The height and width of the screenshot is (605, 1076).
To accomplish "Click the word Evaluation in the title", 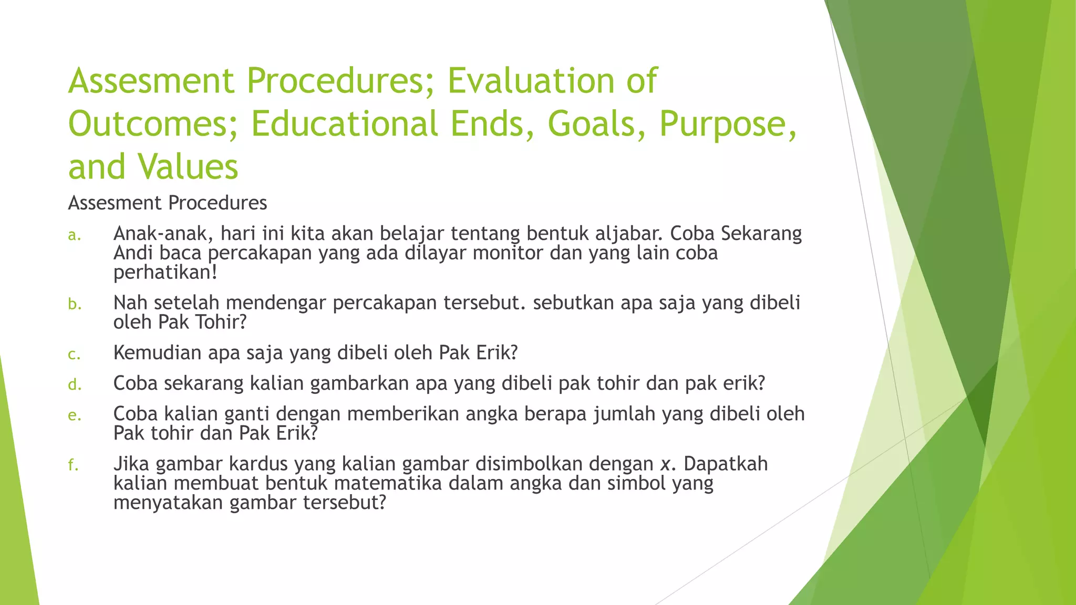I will pos(531,81).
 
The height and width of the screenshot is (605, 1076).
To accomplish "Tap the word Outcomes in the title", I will pos(153,124).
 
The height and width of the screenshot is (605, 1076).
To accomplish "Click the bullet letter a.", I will pos(74,235).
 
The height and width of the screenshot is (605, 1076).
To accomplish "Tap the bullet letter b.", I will pos(74,304).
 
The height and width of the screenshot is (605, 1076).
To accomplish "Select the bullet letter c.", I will pos(74,354).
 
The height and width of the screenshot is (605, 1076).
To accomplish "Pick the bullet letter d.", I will pos(74,385).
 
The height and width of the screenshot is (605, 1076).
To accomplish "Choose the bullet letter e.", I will pos(74,415).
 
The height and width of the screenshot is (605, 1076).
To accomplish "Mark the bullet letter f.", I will pos(73,465).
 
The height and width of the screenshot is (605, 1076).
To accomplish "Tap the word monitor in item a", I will pos(508,253).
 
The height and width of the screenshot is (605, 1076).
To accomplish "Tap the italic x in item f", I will pos(666,464).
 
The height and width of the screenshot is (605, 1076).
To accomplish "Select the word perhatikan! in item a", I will pos(165,273).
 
